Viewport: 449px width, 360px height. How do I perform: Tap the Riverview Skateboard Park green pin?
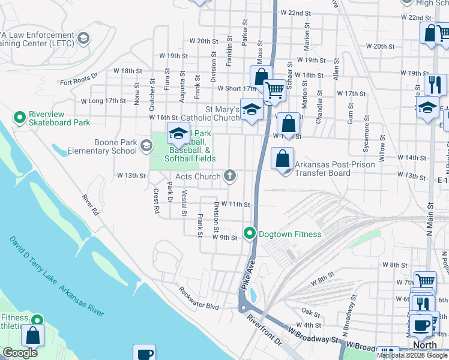pyautogui.click(x=19, y=116)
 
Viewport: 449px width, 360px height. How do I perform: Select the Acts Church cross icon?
pyautogui.click(x=229, y=176)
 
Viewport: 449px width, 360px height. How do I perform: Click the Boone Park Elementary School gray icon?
pyautogui.click(x=146, y=145)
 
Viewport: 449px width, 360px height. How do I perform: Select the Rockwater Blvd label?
pyautogui.click(x=199, y=298)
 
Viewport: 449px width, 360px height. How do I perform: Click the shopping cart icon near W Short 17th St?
pyautogui.click(x=274, y=90)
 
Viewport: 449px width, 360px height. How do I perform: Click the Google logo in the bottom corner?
pyautogui.click(x=20, y=353)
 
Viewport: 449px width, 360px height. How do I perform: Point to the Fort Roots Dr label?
pyautogui.click(x=78, y=79)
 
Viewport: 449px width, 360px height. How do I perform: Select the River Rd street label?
pyautogui.click(x=91, y=204)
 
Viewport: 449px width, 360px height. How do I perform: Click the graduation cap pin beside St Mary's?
pyautogui.click(x=252, y=109)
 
